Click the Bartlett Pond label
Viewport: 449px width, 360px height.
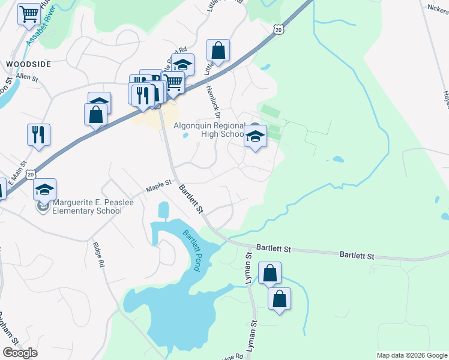pos(191,251)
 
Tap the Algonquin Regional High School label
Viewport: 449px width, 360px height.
pos(210,130)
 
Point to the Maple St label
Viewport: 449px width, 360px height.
pos(159,186)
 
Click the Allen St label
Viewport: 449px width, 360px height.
pos(26,77)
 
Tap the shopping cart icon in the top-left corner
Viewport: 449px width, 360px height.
pos(29,14)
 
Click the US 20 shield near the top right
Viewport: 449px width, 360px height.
pos(277,29)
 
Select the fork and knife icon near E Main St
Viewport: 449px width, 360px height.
pos(38,134)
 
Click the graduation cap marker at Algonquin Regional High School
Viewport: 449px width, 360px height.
pos(256,137)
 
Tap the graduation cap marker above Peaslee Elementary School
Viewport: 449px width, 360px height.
pos(44,189)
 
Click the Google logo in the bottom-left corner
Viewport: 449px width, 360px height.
pos(20,353)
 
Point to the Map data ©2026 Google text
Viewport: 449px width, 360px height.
pos(412,355)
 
